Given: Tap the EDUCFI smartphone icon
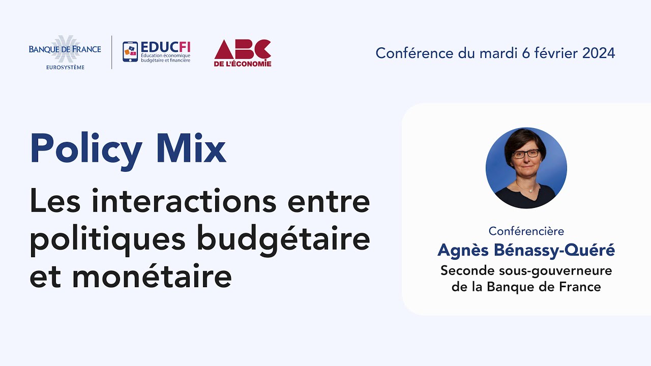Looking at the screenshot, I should coord(130,52).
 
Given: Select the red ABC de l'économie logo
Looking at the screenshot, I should coord(243,52).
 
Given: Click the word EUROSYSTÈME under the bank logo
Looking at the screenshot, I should coord(65,67).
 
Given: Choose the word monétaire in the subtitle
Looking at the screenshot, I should coord(152,277).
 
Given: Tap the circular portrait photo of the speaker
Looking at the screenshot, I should coord(526,168).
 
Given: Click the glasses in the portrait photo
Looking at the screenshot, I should coord(526,154).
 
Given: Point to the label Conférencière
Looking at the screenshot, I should coord(526,231).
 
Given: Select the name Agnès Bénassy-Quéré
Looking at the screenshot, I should coord(526,250).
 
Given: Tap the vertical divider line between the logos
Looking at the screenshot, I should coord(112,52).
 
